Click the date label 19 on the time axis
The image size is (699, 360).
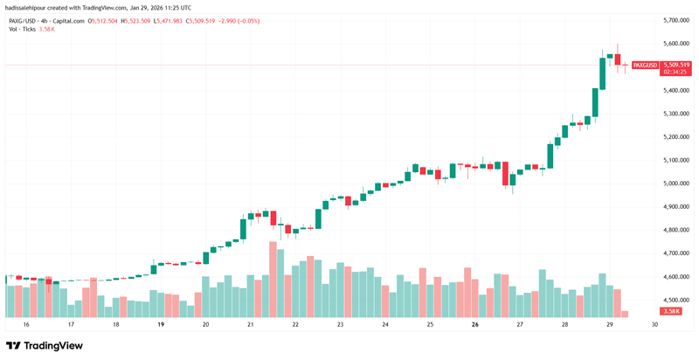[161, 324]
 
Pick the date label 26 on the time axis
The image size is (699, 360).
[474, 324]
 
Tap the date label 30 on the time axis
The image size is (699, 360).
[654, 324]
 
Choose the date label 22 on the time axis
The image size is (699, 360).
[295, 324]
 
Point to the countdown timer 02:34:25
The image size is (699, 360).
[676, 73]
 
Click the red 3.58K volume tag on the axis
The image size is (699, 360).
[672, 311]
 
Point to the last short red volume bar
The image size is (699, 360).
[625, 313]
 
